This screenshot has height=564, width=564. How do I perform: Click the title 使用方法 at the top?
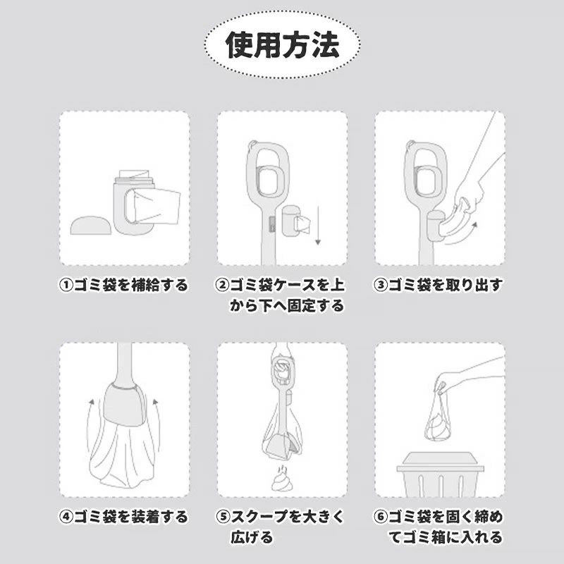(x=283, y=45)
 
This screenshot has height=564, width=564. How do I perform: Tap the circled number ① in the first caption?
(x=66, y=286)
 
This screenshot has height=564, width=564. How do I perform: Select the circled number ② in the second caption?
(x=222, y=286)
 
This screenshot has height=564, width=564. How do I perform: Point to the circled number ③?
(x=381, y=286)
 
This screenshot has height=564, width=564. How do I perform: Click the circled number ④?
(x=66, y=517)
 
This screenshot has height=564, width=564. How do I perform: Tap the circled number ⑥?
(x=381, y=517)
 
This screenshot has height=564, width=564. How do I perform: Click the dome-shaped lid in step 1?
(x=91, y=226)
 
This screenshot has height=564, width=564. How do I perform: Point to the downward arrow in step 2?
(x=318, y=225)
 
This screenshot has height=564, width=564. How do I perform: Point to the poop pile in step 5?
(x=283, y=479)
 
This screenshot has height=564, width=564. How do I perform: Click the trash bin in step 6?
(x=440, y=474)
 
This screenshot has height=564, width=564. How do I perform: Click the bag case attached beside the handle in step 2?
(x=292, y=221)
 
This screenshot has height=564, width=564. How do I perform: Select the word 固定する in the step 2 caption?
(x=316, y=306)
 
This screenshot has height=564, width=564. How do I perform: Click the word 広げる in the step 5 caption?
(x=252, y=538)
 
